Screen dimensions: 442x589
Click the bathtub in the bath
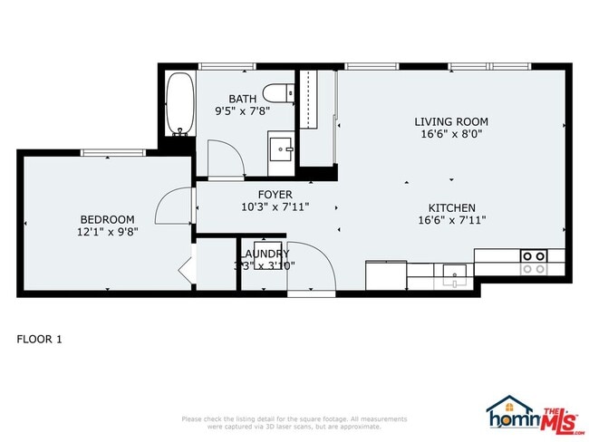179,102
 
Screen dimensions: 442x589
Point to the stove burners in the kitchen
533,263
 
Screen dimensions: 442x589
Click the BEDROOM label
107,219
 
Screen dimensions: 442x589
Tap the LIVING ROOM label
451,121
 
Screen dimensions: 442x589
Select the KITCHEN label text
451,207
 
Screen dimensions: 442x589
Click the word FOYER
275,194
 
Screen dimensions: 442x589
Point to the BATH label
242,99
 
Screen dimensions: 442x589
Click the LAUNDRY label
266,255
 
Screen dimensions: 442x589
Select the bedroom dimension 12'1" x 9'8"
108,232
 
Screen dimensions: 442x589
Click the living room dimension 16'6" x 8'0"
451,134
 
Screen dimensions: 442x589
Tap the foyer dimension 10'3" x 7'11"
275,207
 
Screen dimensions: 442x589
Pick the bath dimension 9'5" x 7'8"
243,111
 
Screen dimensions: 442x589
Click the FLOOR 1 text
40,340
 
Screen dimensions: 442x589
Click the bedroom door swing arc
169,206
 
